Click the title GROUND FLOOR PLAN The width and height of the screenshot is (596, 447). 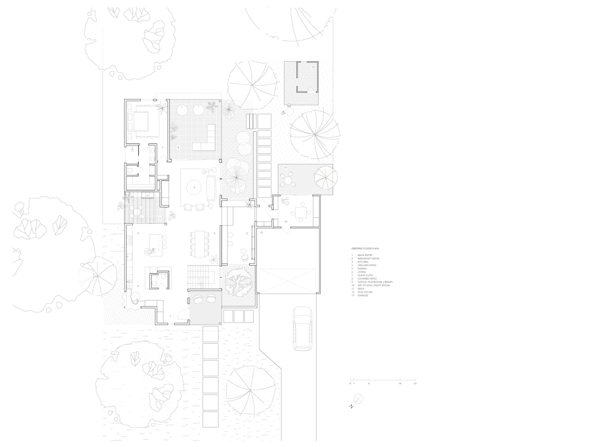point(365,249)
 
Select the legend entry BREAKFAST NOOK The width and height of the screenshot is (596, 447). point(369,259)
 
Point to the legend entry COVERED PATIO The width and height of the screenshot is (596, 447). point(367,278)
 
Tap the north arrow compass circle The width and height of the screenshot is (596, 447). point(358,399)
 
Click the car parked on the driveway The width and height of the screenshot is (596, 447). point(302,328)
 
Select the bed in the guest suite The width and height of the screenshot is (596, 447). point(142,122)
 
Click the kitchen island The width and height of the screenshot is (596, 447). point(158,242)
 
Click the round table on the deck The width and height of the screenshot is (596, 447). point(289,181)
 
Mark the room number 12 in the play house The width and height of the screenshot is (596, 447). point(313,68)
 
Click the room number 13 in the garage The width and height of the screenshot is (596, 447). point(261,233)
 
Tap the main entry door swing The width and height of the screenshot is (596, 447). point(183,318)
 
